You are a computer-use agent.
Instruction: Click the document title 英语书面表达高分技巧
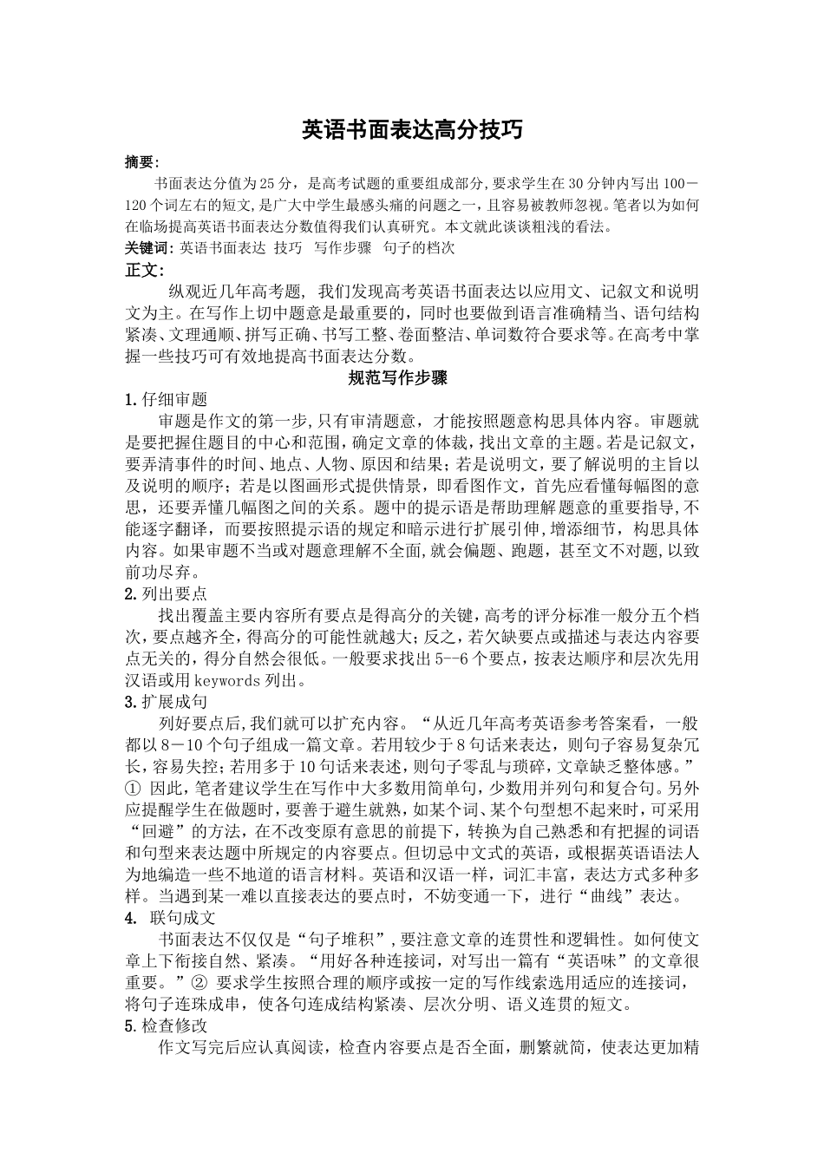[x=412, y=129]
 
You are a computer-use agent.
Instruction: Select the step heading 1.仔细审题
[x=167, y=399]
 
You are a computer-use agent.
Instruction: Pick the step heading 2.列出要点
[x=167, y=593]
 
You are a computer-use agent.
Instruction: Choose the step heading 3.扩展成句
[x=167, y=701]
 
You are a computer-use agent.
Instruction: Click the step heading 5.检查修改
[x=167, y=1025]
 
